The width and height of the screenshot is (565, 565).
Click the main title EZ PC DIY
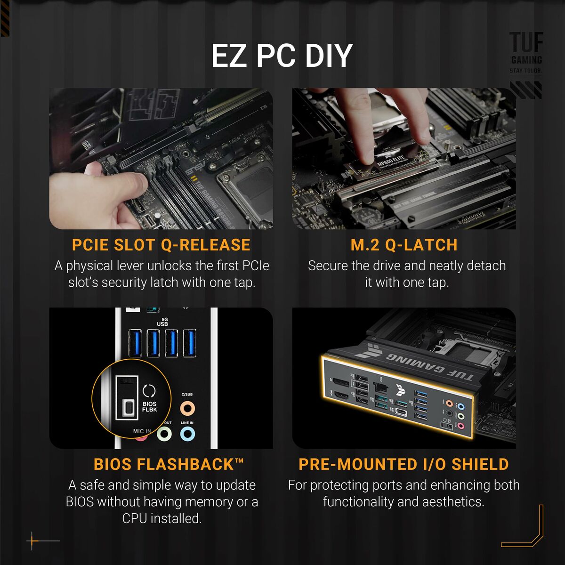[282, 56]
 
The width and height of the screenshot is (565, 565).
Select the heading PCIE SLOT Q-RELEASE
[161, 245]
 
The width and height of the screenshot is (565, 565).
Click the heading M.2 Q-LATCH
[404, 245]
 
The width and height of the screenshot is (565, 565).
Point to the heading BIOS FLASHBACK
[169, 464]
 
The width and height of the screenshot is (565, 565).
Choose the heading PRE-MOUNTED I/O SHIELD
[404, 464]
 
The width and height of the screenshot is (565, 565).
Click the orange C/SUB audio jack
[187, 408]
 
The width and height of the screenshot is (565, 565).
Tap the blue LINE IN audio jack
[187, 434]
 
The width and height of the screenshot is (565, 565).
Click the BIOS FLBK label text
[149, 407]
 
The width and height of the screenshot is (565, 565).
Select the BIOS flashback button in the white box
[128, 408]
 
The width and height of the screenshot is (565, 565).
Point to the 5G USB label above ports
[162, 322]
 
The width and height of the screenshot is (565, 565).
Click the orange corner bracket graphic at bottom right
[527, 532]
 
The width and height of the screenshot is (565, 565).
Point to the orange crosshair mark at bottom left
[32, 541]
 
